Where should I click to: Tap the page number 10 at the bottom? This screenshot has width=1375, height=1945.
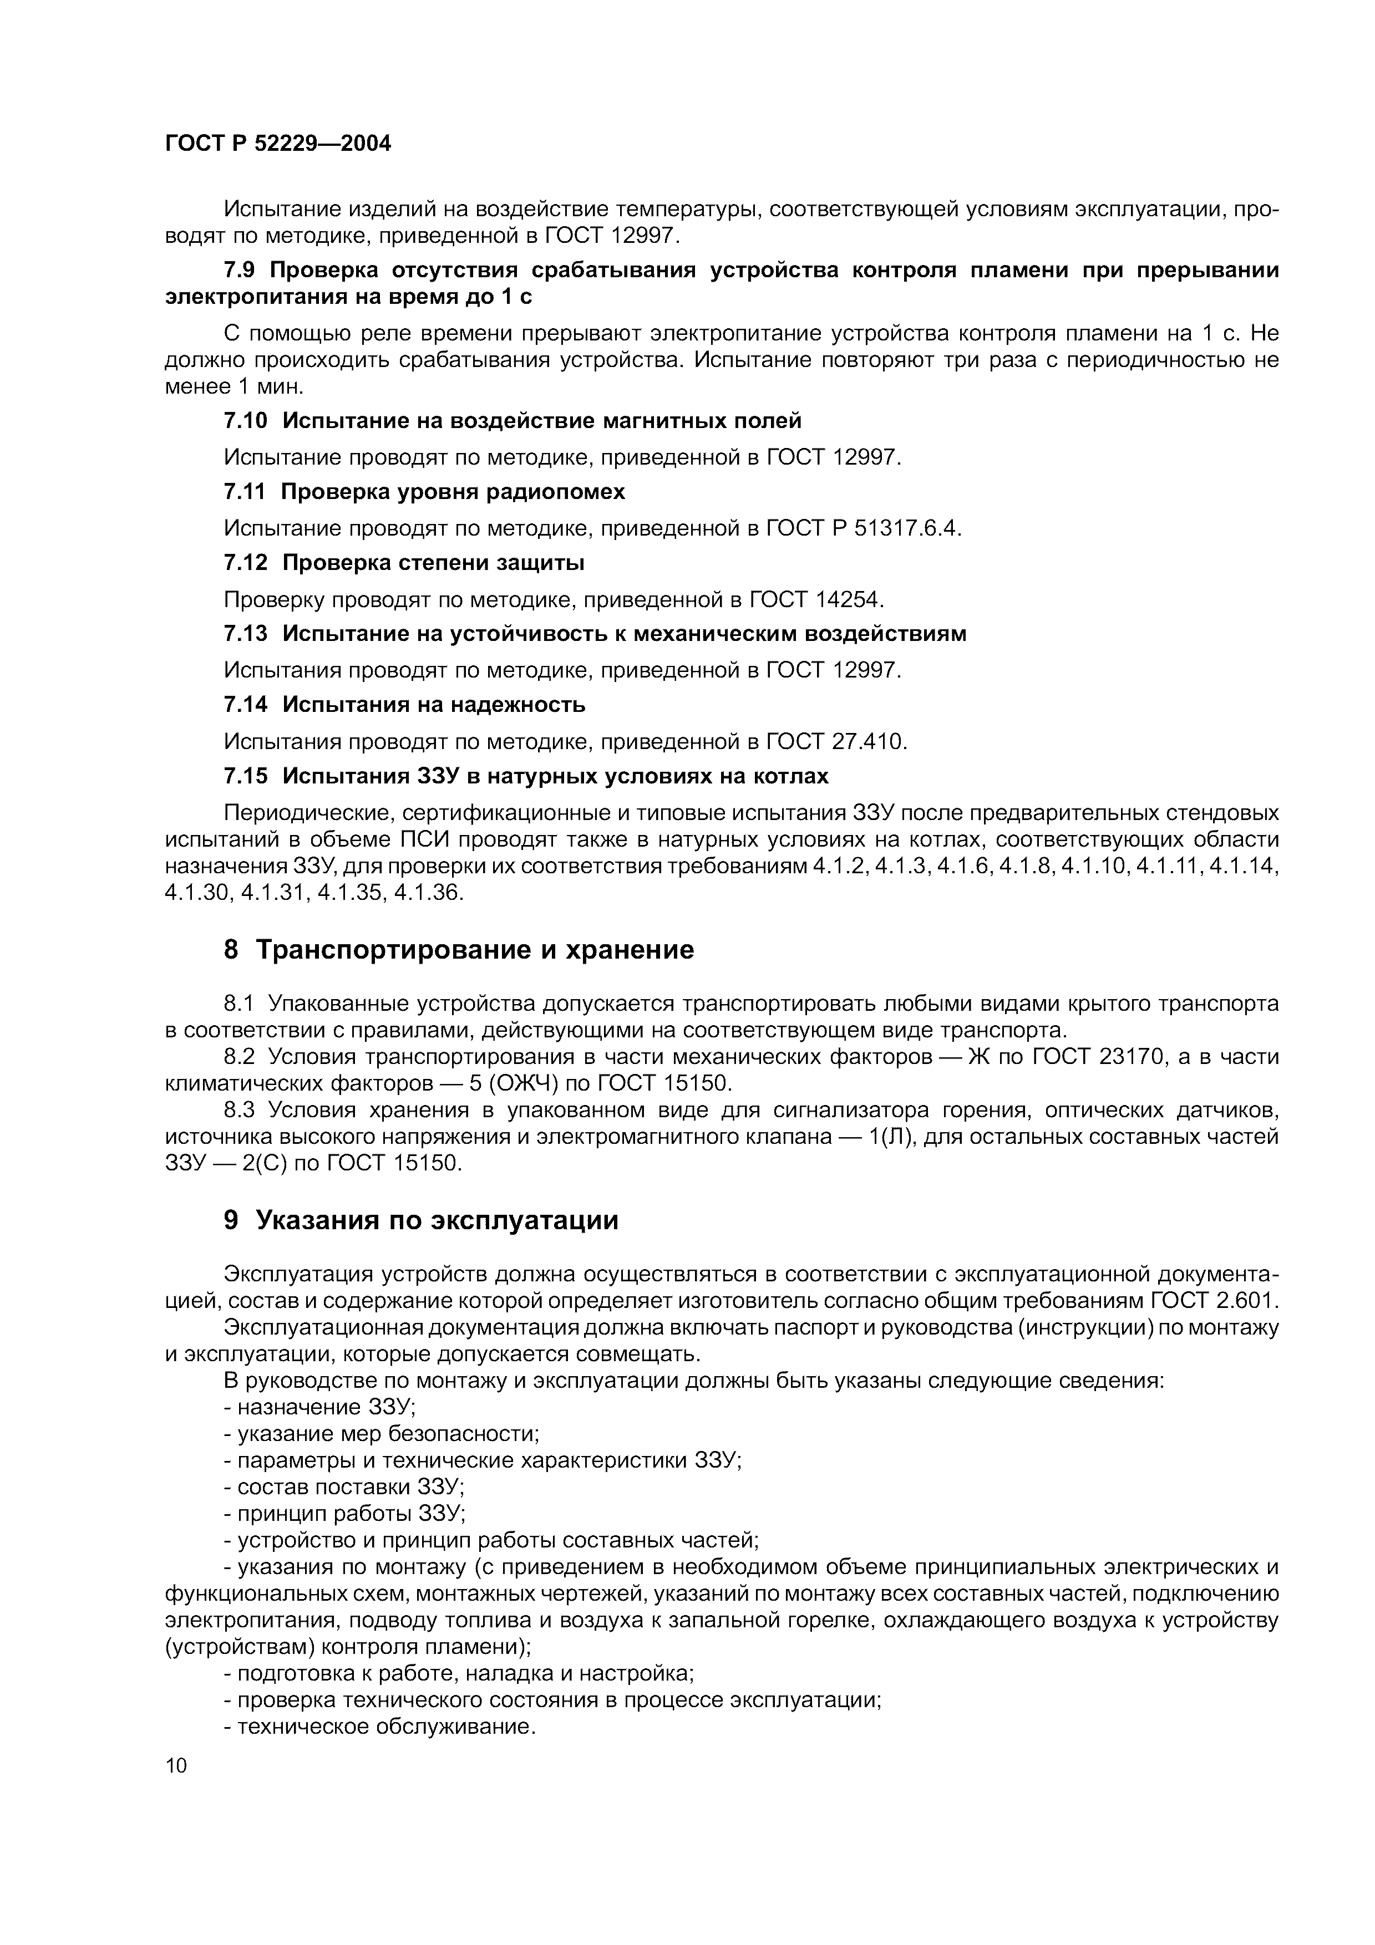pos(176,1765)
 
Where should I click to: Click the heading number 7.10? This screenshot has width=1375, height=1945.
pos(246,420)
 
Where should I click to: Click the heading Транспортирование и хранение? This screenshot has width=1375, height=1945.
pos(474,950)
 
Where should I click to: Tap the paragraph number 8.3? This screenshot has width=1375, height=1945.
pos(241,1110)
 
